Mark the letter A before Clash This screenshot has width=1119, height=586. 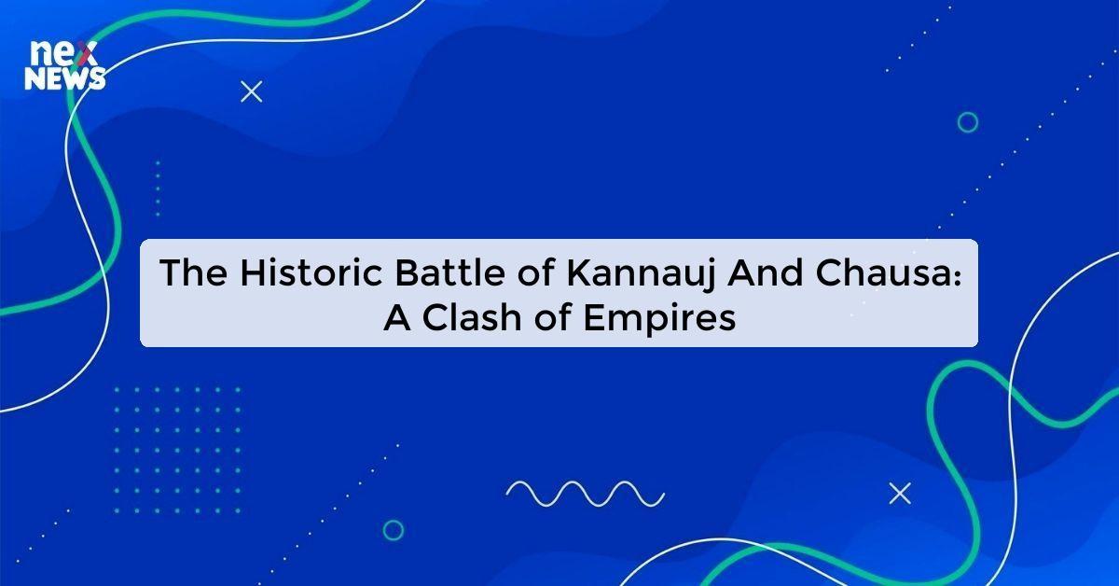394,317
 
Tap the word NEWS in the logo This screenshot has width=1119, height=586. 65,80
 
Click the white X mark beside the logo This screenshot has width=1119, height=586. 252,91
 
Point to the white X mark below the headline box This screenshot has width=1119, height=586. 900,494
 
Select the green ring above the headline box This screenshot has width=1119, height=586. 968,122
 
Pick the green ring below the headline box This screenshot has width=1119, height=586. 394,530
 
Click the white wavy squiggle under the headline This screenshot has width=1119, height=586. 585,492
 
